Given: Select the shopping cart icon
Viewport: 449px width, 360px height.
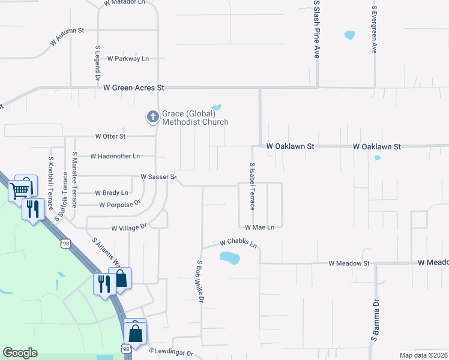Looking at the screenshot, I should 20,190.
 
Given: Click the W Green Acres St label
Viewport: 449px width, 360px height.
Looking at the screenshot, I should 133,88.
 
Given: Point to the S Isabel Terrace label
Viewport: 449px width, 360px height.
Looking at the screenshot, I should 252,186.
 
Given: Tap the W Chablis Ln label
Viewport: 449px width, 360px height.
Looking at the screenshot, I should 238,243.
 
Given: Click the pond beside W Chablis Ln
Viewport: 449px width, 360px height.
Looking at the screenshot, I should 229,259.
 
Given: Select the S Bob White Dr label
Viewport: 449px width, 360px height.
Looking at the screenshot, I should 201,281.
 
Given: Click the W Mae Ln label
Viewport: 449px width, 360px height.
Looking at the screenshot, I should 259,227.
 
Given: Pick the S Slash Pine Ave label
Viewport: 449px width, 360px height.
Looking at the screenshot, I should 316,29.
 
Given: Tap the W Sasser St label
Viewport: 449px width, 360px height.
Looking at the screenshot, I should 158,177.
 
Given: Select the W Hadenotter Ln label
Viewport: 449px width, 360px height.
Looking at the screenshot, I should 115,156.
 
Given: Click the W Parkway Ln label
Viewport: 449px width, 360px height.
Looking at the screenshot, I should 128,59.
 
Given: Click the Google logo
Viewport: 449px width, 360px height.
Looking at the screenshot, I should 20,353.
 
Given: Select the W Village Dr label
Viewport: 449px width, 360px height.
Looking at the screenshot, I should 129,227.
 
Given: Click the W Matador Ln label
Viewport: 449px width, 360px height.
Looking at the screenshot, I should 124,3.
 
